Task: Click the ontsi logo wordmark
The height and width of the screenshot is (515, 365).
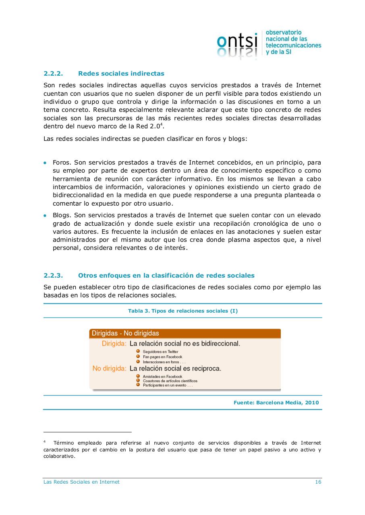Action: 237,42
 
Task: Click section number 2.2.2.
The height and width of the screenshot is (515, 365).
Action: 54,74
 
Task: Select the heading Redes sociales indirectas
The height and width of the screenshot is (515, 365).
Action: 121,74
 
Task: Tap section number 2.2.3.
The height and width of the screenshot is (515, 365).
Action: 54,276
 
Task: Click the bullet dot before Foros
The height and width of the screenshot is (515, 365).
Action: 45,163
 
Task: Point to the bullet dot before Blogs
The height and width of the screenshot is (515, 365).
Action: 45,216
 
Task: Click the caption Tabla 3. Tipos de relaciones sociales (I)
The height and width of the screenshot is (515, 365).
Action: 182,311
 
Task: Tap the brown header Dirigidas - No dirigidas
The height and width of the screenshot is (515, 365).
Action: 125,333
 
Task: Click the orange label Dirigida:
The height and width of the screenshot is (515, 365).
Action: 114,344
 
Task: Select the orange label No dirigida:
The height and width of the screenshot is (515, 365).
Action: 109,369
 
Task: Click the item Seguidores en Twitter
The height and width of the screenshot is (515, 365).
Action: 160,352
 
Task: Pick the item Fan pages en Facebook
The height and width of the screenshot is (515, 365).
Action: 162,357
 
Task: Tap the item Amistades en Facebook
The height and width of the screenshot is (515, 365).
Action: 162,377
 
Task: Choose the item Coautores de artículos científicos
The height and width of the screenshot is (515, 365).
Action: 170,381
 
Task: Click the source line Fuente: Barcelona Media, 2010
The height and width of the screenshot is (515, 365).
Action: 276,402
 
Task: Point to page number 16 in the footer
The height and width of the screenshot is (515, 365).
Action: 318,482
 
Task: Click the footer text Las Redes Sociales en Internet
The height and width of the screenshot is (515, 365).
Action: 81,482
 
